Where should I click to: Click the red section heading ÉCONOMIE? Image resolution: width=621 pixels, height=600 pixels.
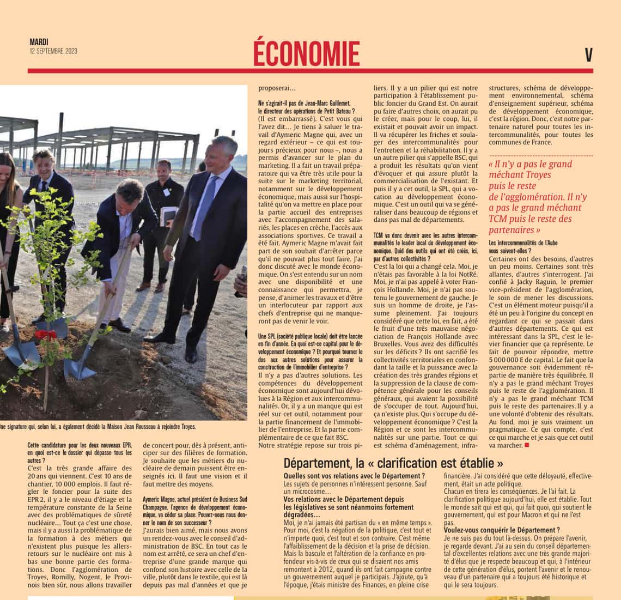(306, 53)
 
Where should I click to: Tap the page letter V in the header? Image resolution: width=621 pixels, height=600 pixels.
(588, 55)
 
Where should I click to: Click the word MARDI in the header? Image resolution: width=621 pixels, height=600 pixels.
(39, 42)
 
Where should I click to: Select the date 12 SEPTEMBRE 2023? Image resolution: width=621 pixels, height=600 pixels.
(53, 51)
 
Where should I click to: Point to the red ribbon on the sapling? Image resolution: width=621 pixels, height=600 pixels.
(46, 334)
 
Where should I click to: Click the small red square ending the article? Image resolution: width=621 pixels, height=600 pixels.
(527, 445)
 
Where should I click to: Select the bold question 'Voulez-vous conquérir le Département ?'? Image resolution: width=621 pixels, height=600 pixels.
(502, 529)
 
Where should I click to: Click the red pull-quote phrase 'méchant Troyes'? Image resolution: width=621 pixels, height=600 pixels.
(512, 175)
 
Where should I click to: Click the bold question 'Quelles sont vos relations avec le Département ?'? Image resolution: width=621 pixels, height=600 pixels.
(354, 476)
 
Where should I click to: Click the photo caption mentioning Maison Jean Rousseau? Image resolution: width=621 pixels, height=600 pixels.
(98, 427)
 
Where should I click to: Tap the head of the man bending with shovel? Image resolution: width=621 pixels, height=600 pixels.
(130, 191)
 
